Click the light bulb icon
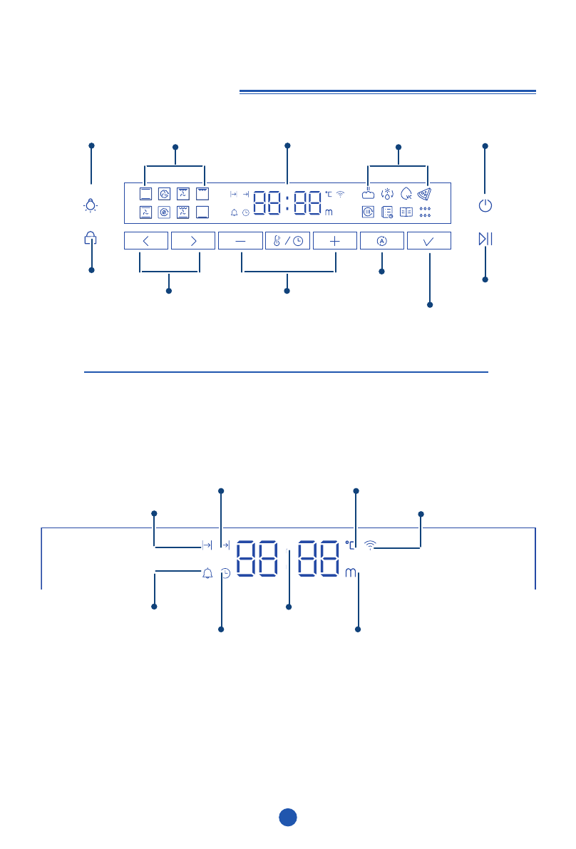pos(91,205)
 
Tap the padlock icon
pos(90,237)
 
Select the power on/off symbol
pos(485,205)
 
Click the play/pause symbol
pos(485,239)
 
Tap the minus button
pos(240,241)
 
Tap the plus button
pos(334,241)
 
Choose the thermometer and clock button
pos(287,241)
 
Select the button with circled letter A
pos(381,241)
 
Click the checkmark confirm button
pos(428,241)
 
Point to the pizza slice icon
pos(424,194)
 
